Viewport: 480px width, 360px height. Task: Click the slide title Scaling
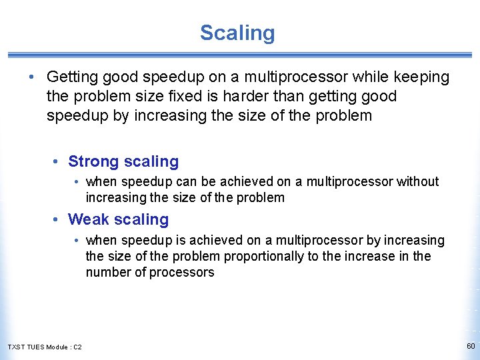point(237,33)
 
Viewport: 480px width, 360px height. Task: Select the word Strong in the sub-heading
point(93,161)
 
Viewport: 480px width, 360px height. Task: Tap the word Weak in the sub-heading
point(89,219)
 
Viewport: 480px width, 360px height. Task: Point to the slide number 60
point(471,346)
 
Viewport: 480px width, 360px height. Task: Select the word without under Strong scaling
point(418,181)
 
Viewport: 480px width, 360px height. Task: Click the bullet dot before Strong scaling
point(59,162)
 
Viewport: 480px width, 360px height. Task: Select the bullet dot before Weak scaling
point(59,220)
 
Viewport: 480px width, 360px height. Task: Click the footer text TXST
point(15,347)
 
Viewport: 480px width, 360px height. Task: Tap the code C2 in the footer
point(77,347)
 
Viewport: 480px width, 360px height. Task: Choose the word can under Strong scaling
point(179,181)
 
